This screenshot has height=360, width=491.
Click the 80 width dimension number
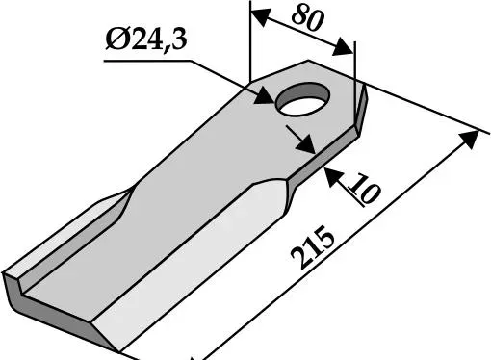306,18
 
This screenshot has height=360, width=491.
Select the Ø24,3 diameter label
146,39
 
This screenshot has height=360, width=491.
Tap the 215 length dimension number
313,247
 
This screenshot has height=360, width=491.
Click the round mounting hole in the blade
302,99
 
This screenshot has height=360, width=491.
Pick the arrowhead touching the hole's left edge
265,95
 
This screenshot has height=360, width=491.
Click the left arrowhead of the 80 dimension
261,18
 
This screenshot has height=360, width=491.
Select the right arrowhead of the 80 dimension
343,47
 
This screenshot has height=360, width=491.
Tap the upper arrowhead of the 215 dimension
469,139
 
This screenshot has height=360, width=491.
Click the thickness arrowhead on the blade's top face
305,143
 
